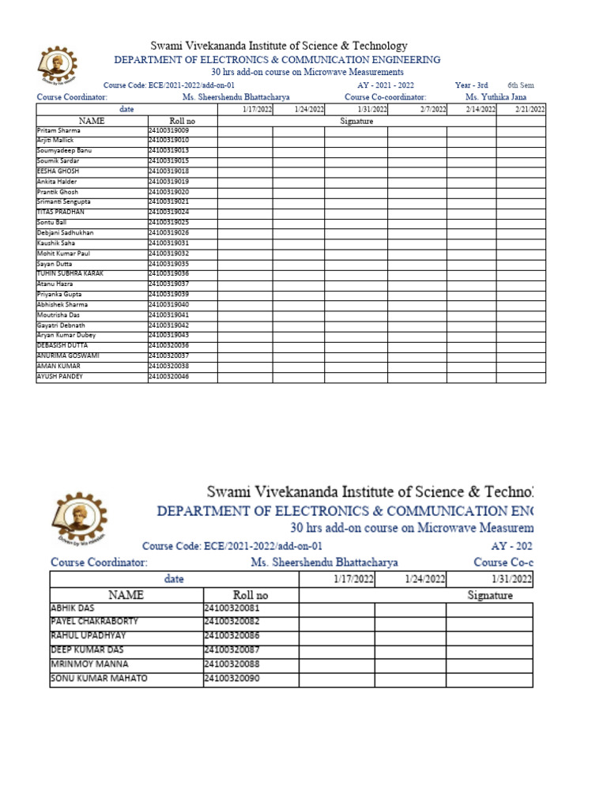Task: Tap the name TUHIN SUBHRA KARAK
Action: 70,273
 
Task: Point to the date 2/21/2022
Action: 530,110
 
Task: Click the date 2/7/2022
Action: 433,110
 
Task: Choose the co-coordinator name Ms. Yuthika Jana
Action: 496,97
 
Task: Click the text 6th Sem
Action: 520,85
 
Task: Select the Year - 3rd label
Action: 471,85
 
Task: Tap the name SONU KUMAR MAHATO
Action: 98,679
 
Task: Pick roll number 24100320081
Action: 232,609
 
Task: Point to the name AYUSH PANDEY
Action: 60,377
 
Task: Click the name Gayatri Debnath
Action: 60,325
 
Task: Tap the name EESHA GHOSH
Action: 58,171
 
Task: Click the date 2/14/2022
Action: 481,110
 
